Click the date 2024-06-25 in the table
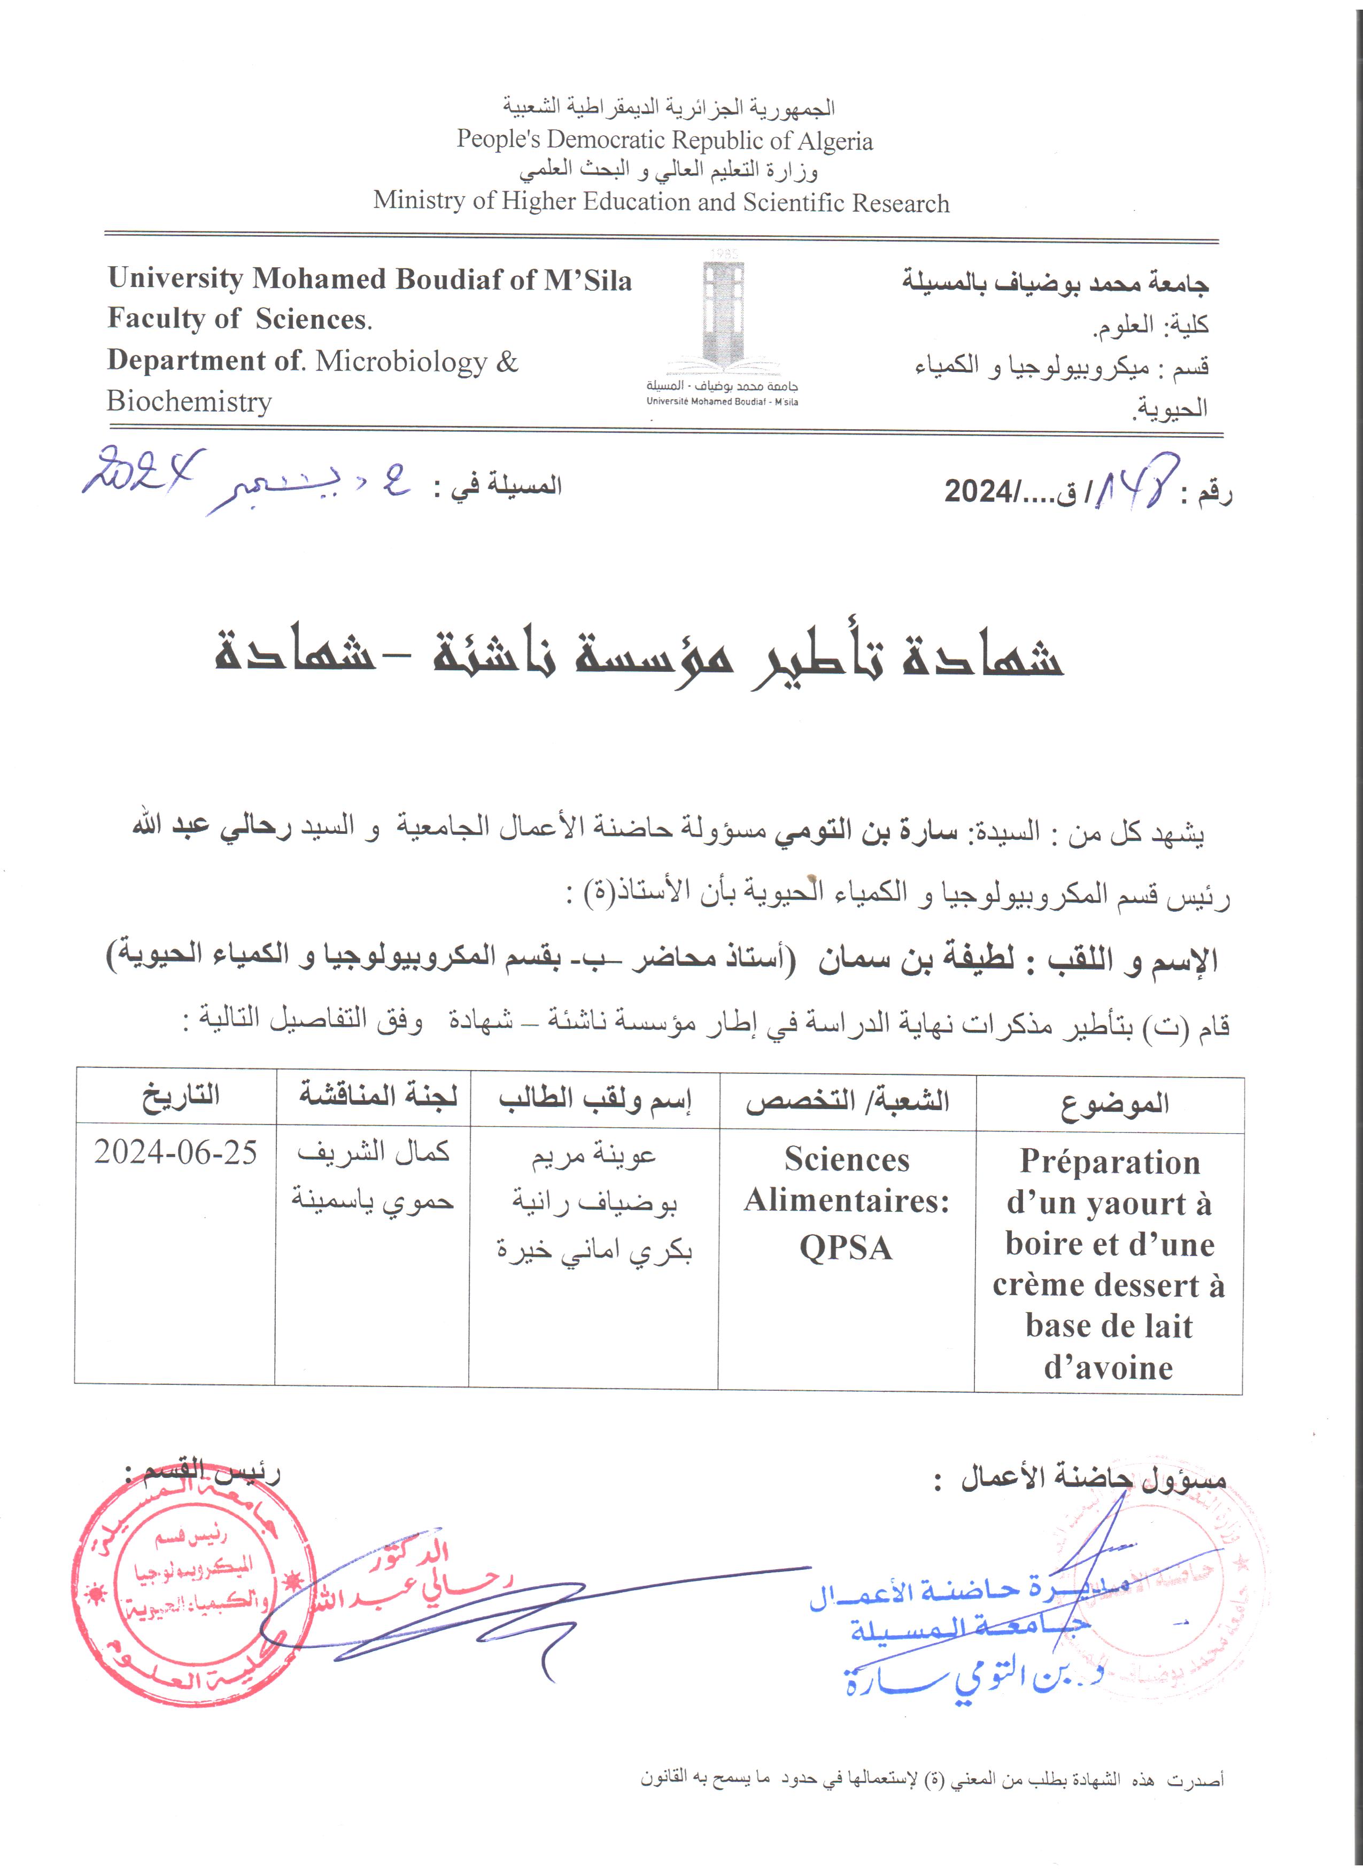click(175, 1152)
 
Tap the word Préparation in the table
click(1109, 1161)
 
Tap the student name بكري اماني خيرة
click(593, 1251)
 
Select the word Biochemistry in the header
click(189, 402)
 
